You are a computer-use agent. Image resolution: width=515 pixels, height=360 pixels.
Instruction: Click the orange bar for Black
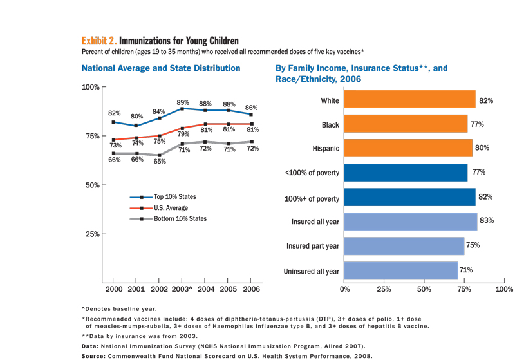(406, 124)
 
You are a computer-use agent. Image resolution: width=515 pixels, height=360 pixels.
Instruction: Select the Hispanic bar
(408, 148)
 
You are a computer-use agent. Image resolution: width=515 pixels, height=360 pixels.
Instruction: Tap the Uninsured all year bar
(401, 271)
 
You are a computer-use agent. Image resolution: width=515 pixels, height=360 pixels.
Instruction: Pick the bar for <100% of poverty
(406, 173)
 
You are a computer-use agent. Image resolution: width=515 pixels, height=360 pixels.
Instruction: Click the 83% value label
(487, 222)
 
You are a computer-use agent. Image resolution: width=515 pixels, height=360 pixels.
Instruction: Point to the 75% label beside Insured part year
(473, 245)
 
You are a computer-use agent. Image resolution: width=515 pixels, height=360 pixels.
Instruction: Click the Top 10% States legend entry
(172, 197)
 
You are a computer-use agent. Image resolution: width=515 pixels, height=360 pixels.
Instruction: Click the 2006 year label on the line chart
(250, 290)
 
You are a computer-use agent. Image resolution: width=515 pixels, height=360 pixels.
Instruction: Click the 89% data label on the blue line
(183, 102)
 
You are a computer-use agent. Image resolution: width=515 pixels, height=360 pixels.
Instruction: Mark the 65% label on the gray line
(160, 162)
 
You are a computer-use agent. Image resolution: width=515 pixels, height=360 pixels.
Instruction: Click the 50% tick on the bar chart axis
(424, 290)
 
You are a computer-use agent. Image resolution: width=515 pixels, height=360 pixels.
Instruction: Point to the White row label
(330, 100)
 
